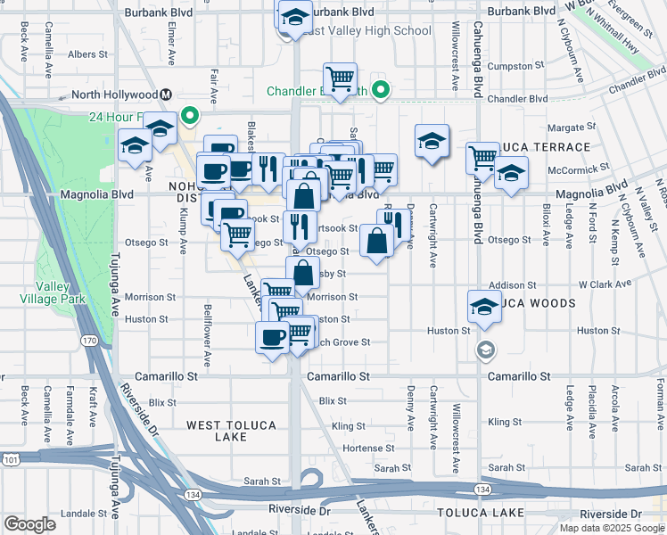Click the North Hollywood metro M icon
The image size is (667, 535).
point(166,95)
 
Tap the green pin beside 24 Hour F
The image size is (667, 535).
point(188,115)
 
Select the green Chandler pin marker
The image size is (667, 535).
point(381,89)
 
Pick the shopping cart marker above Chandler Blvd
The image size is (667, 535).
point(340,79)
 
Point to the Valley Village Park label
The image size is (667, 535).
point(60,292)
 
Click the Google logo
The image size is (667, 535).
point(29,524)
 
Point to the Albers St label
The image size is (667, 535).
point(87,54)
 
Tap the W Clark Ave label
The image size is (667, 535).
point(605,284)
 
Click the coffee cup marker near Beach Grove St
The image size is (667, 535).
point(272,338)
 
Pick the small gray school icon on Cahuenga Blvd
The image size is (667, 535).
point(484,348)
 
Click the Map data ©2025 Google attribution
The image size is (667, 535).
point(612,528)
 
